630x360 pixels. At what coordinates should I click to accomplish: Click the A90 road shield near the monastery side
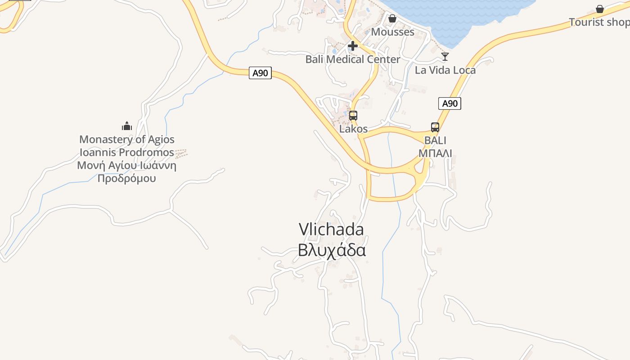point(260,73)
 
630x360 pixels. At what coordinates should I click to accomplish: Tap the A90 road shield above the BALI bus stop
point(450,103)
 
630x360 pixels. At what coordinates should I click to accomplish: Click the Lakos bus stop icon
point(353,116)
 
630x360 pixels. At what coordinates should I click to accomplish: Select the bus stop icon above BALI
point(435,127)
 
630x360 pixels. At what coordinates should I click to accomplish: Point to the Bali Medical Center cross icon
point(353,45)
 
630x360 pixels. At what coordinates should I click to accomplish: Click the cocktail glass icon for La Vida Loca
point(445,56)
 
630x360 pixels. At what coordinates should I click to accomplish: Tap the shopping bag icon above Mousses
point(392,18)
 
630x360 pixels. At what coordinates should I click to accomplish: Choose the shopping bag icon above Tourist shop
point(600,9)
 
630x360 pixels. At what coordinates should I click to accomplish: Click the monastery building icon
point(127,126)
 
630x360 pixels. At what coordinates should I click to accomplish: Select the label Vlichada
point(331,229)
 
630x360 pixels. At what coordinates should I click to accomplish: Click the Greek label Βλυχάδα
point(332,250)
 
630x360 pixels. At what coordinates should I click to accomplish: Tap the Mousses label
point(392,32)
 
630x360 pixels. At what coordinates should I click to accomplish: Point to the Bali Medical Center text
point(353,59)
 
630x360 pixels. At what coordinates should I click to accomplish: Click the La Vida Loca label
point(445,70)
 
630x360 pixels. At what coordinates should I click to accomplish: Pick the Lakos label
point(353,129)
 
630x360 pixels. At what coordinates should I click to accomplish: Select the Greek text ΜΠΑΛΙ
point(435,153)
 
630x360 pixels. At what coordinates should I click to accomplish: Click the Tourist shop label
point(599,22)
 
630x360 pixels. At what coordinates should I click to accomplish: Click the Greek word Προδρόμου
point(127,178)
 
